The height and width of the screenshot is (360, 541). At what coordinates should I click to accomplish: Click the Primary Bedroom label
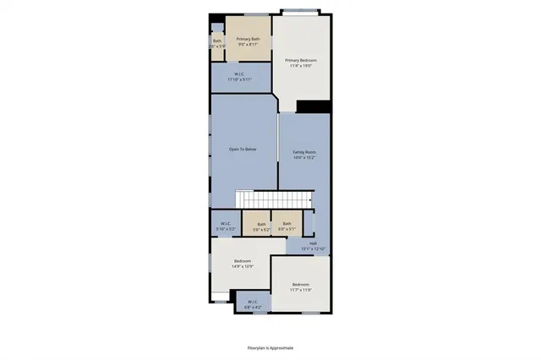pos(300,61)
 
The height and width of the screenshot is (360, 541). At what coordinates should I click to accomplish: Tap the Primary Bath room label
pos(248,40)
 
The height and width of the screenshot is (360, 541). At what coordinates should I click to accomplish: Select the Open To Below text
pos(243,149)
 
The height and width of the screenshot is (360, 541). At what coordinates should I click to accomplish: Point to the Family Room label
pos(304,152)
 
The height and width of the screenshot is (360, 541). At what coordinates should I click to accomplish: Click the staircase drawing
pos(272,199)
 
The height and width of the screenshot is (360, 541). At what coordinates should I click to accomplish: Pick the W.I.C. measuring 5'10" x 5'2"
pos(225,225)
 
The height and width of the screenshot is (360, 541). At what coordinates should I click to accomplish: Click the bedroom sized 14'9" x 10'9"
pos(242,263)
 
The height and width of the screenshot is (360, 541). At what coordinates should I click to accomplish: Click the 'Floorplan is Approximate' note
pos(270,347)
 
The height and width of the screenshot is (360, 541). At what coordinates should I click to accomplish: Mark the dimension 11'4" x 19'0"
pos(300,65)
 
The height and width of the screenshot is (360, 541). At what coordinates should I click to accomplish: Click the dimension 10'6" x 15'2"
pos(304,157)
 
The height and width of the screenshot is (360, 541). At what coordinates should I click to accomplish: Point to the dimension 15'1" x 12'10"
pos(313,248)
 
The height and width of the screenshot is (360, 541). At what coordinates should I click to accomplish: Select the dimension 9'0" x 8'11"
pos(248,45)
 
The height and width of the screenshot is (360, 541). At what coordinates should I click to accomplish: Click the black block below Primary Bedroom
pos(312,106)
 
